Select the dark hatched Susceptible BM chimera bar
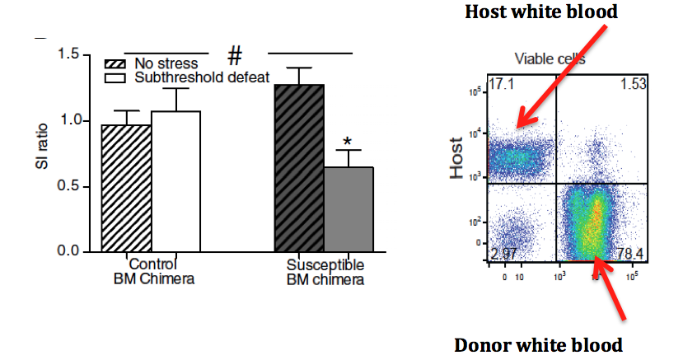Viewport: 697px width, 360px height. click(x=299, y=169)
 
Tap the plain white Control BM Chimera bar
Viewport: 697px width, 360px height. click(x=175, y=181)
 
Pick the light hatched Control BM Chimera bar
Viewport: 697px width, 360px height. click(x=126, y=188)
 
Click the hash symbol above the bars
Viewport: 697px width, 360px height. click(x=236, y=56)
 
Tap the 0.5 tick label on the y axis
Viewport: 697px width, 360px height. click(x=68, y=186)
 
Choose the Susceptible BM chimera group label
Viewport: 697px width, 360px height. click(x=325, y=272)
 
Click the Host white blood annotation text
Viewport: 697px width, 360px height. click(x=541, y=12)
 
